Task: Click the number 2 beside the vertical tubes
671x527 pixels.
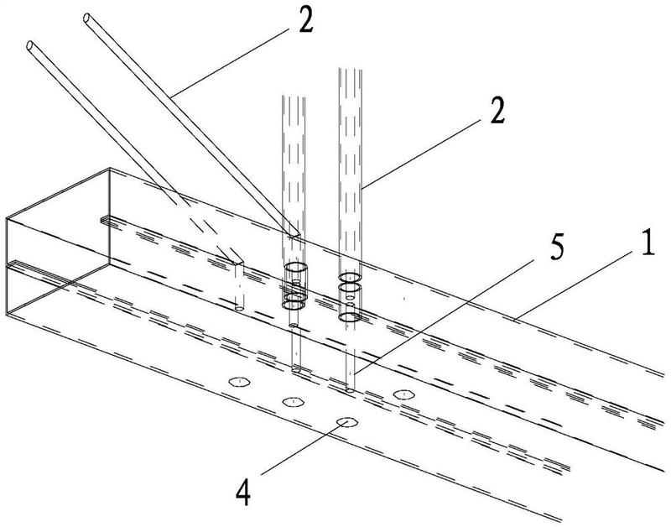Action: click(x=497, y=112)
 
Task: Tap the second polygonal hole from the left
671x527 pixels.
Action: click(x=292, y=400)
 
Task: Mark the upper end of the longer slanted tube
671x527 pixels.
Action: click(x=89, y=17)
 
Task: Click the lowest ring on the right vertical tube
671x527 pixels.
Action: click(x=349, y=317)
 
